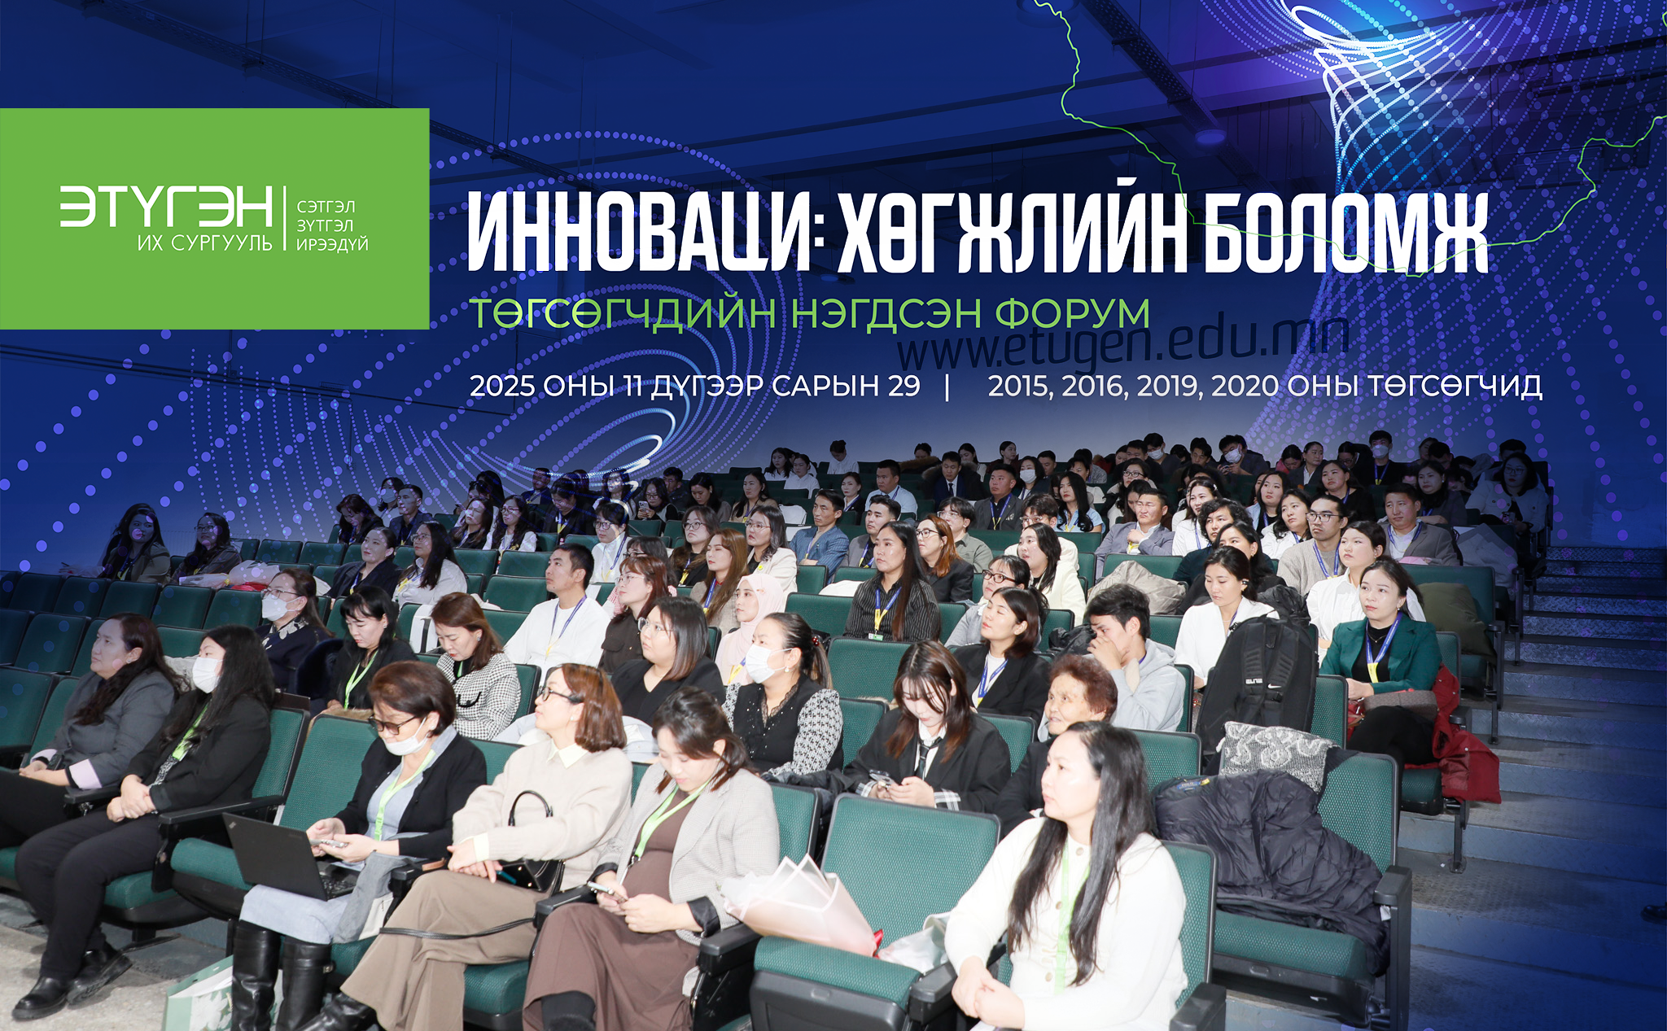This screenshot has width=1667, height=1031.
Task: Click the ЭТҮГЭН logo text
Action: point(166,207)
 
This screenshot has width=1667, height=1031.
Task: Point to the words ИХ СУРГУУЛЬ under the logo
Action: point(205,242)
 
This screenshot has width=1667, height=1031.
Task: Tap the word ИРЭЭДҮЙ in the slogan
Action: point(332,244)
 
